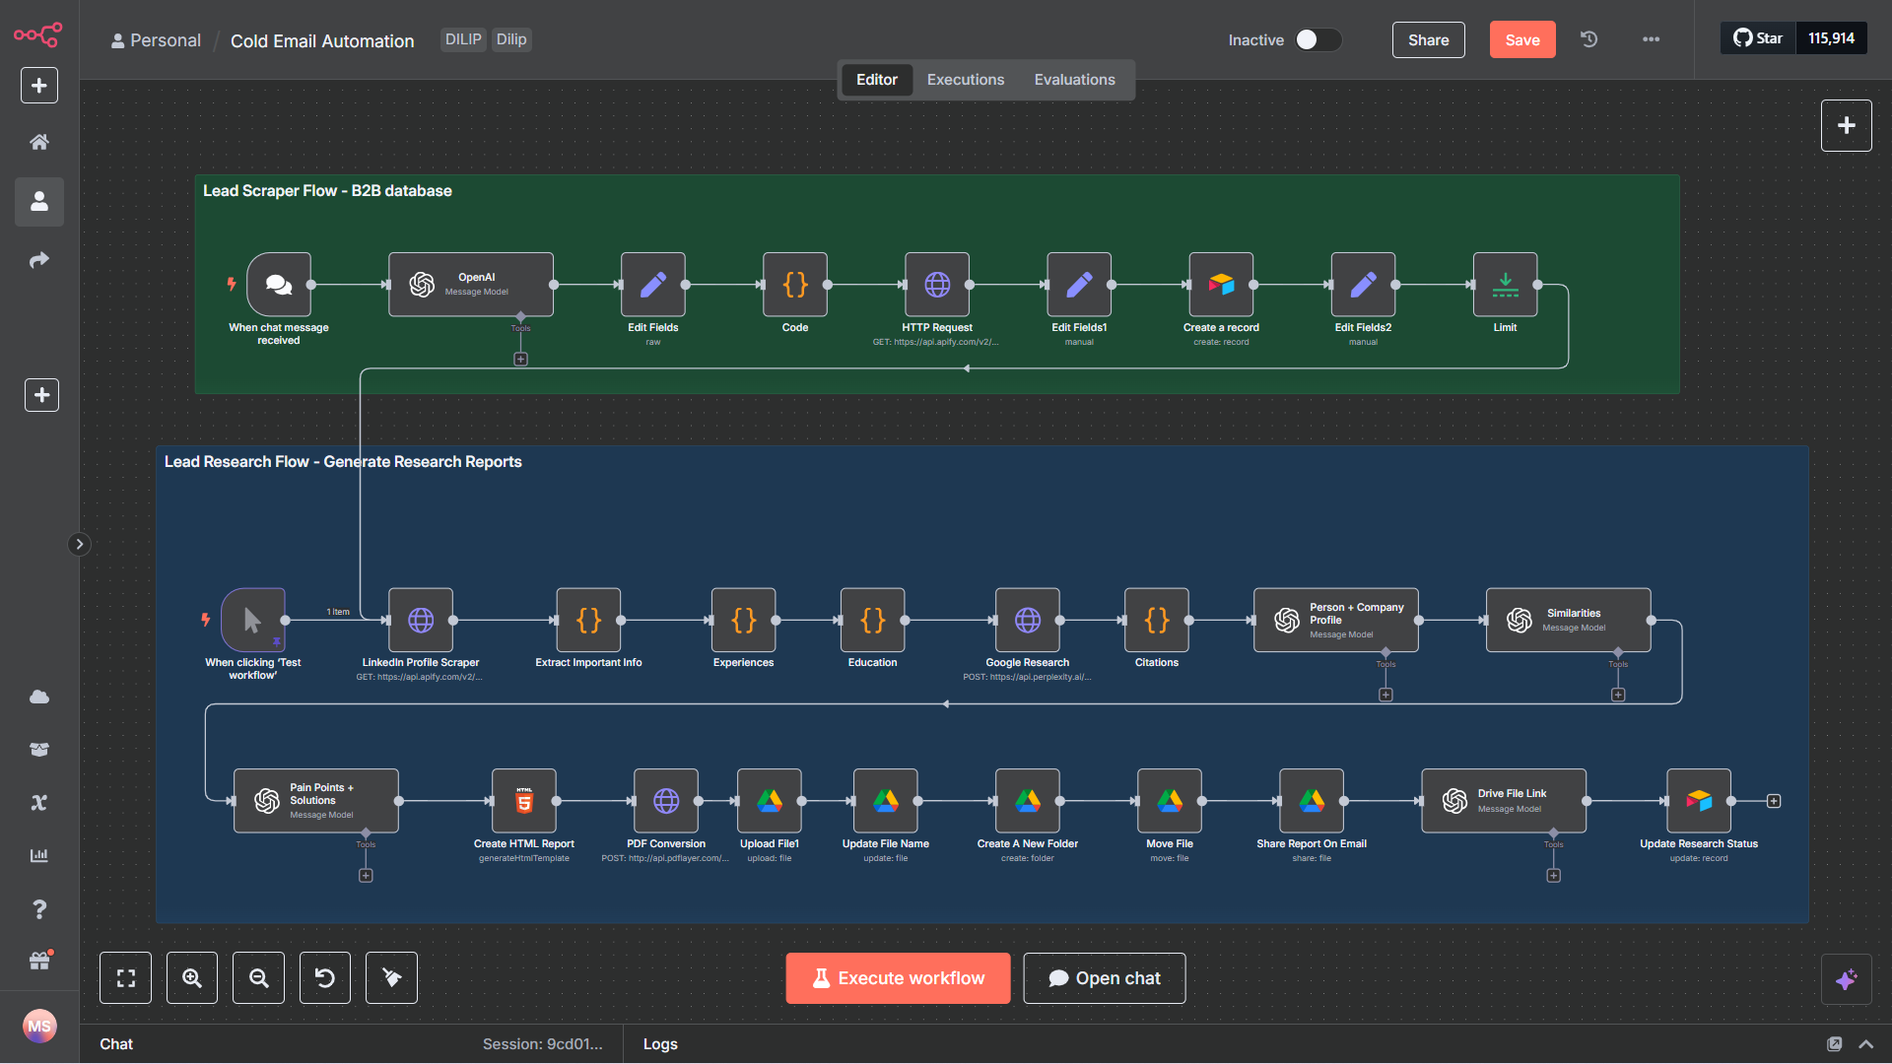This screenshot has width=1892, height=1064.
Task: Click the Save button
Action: [1521, 39]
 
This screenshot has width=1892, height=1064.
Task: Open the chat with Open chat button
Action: [1104, 978]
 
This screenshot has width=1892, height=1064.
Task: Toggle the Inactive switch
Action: [1318, 39]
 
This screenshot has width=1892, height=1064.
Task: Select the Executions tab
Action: [965, 80]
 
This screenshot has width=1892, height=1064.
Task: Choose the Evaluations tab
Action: [1074, 80]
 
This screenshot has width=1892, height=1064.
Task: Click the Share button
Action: [1428, 39]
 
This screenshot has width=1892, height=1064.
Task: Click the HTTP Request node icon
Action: [937, 285]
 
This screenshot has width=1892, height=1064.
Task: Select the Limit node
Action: [1505, 285]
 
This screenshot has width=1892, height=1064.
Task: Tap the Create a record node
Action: [1221, 285]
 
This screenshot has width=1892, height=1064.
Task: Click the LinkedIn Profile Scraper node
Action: [421, 620]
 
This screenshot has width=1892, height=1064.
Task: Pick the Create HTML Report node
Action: [524, 801]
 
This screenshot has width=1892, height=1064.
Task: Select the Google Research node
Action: [1028, 620]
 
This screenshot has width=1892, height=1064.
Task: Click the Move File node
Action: [1170, 801]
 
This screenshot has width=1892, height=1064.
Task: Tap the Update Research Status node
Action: [1699, 801]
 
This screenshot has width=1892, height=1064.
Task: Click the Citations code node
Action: [1157, 620]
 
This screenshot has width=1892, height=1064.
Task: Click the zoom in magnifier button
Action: [192, 978]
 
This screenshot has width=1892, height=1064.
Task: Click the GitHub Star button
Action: [1758, 38]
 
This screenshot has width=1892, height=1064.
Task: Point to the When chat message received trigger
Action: [279, 285]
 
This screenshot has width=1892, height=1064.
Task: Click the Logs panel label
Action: [660, 1044]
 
